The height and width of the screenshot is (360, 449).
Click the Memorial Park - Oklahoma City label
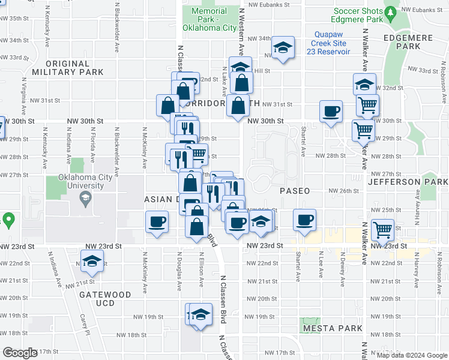(209, 19)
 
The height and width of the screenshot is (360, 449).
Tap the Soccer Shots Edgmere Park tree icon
(391, 12)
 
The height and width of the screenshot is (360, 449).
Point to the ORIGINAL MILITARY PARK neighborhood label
(67, 68)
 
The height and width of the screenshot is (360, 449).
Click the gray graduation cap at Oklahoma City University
(85, 199)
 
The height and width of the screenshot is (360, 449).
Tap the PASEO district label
(295, 190)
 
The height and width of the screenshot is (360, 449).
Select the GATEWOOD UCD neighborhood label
(105, 295)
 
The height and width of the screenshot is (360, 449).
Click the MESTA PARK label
(332, 328)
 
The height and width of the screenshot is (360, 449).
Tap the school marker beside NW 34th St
(282, 48)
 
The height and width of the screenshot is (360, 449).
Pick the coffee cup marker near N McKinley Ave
(157, 222)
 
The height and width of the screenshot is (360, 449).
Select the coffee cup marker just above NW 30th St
(331, 111)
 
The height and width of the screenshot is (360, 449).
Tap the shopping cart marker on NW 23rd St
(382, 229)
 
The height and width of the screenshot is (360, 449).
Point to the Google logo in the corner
(20, 353)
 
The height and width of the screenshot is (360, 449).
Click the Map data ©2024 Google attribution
(412, 355)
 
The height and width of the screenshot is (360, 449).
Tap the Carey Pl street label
(85, 325)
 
